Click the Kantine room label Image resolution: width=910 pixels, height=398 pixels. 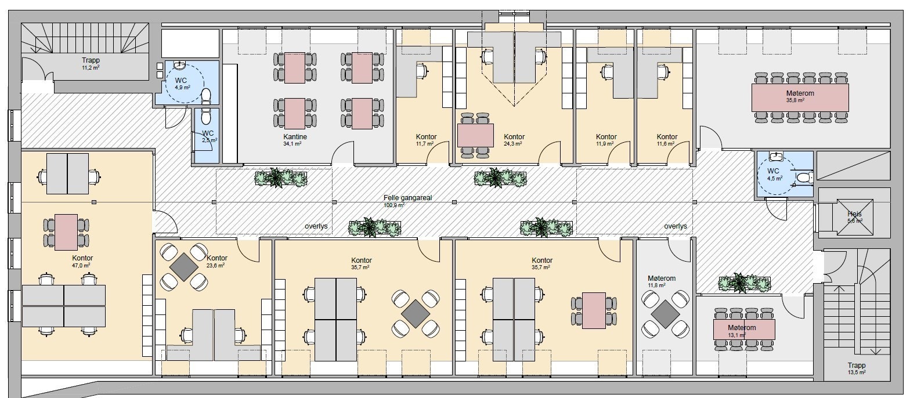[x=295, y=137]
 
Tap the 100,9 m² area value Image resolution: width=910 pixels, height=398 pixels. [x=393, y=205]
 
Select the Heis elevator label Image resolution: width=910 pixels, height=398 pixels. [x=854, y=214]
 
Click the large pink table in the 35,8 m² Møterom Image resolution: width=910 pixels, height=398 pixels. [x=800, y=97]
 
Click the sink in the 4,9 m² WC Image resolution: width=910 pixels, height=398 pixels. [x=179, y=64]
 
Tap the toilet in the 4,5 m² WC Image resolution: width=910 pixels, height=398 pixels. [x=804, y=178]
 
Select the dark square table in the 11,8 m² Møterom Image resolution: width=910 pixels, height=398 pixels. [x=665, y=314]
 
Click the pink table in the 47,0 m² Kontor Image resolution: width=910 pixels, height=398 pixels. [x=66, y=232]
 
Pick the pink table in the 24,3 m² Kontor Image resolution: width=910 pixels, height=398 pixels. [x=475, y=135]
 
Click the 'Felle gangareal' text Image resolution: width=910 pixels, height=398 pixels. [x=407, y=198]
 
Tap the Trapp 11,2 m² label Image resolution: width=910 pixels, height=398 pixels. [x=91, y=63]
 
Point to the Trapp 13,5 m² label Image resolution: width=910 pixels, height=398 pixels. [x=857, y=368]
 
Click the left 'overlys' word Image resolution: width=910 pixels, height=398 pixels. [x=316, y=226]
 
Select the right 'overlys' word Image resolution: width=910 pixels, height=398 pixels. [x=676, y=226]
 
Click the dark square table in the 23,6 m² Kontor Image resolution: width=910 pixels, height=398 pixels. [x=184, y=267]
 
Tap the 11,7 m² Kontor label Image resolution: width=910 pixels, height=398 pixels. [x=426, y=140]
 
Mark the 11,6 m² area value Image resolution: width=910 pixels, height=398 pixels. [x=667, y=143]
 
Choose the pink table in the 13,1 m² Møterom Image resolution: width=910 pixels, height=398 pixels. [x=744, y=330]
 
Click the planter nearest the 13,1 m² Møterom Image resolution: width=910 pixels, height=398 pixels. [x=744, y=283]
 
